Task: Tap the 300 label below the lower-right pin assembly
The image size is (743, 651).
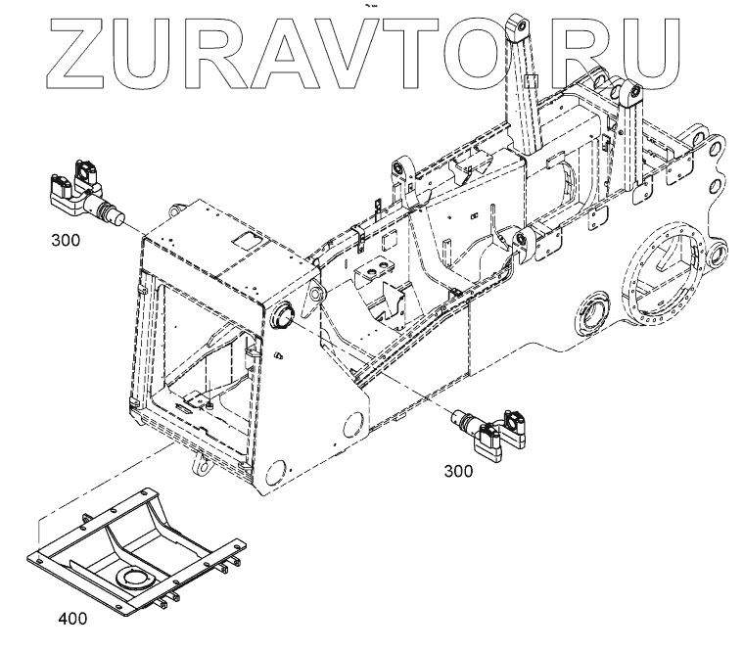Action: [458, 471]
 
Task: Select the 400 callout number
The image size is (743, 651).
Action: [71, 618]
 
